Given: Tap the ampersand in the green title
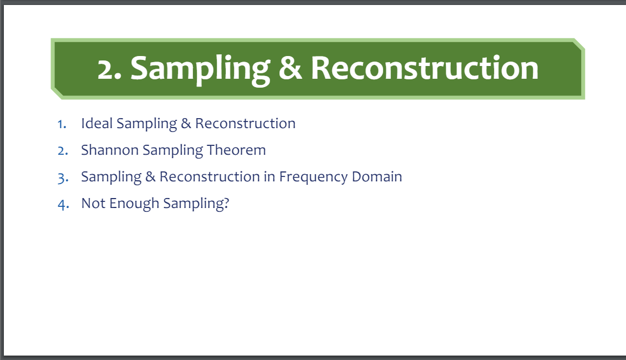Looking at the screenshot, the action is [x=290, y=68].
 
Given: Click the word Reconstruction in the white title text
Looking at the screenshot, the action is [x=424, y=68].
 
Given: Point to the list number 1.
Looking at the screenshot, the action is [x=62, y=124].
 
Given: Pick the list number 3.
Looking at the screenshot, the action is [x=63, y=178].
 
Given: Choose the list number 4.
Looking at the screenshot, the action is [x=63, y=205].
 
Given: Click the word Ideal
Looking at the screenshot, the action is [x=97, y=124].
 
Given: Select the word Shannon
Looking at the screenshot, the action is [x=110, y=150].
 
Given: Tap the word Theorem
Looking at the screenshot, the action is [x=236, y=150].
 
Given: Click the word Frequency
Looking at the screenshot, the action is [x=313, y=178].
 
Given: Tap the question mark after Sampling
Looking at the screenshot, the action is [x=226, y=203].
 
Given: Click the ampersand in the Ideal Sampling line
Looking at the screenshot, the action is [x=186, y=124].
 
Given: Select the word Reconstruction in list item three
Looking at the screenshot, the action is [x=210, y=176].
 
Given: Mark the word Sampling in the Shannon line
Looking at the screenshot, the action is [x=173, y=151].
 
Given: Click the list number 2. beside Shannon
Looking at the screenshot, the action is [x=63, y=151].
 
